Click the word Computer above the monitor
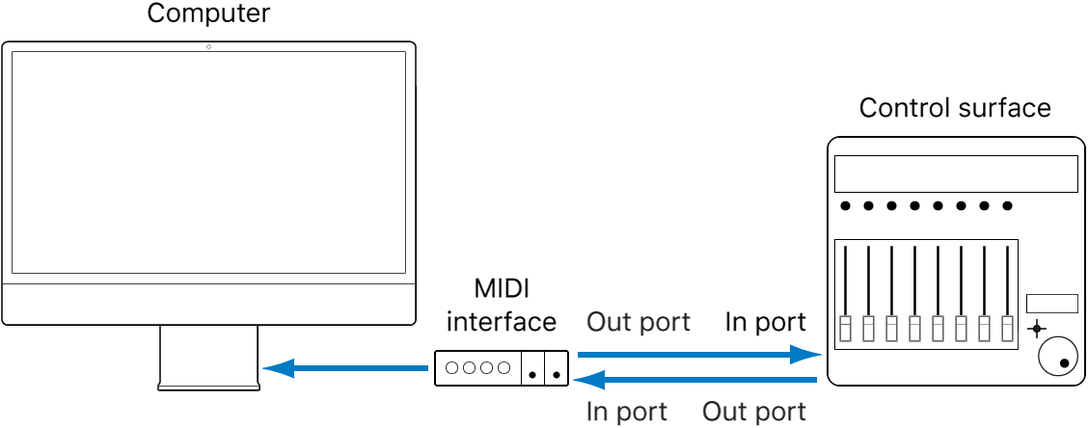pos(208,14)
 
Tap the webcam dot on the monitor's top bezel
pos(208,47)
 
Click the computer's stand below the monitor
pos(209,357)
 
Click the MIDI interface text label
pos(501,306)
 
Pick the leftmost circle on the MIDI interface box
pos(451,367)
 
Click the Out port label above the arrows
pos(639,322)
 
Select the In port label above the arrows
pos(765,322)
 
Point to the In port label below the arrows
pos(627,412)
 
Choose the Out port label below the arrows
pos(754,412)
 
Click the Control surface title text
pos(955,107)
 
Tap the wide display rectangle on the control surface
pos(955,174)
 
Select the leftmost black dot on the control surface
pos(846,205)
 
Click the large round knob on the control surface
pos(1057,357)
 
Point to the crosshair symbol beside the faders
pos(1037,329)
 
